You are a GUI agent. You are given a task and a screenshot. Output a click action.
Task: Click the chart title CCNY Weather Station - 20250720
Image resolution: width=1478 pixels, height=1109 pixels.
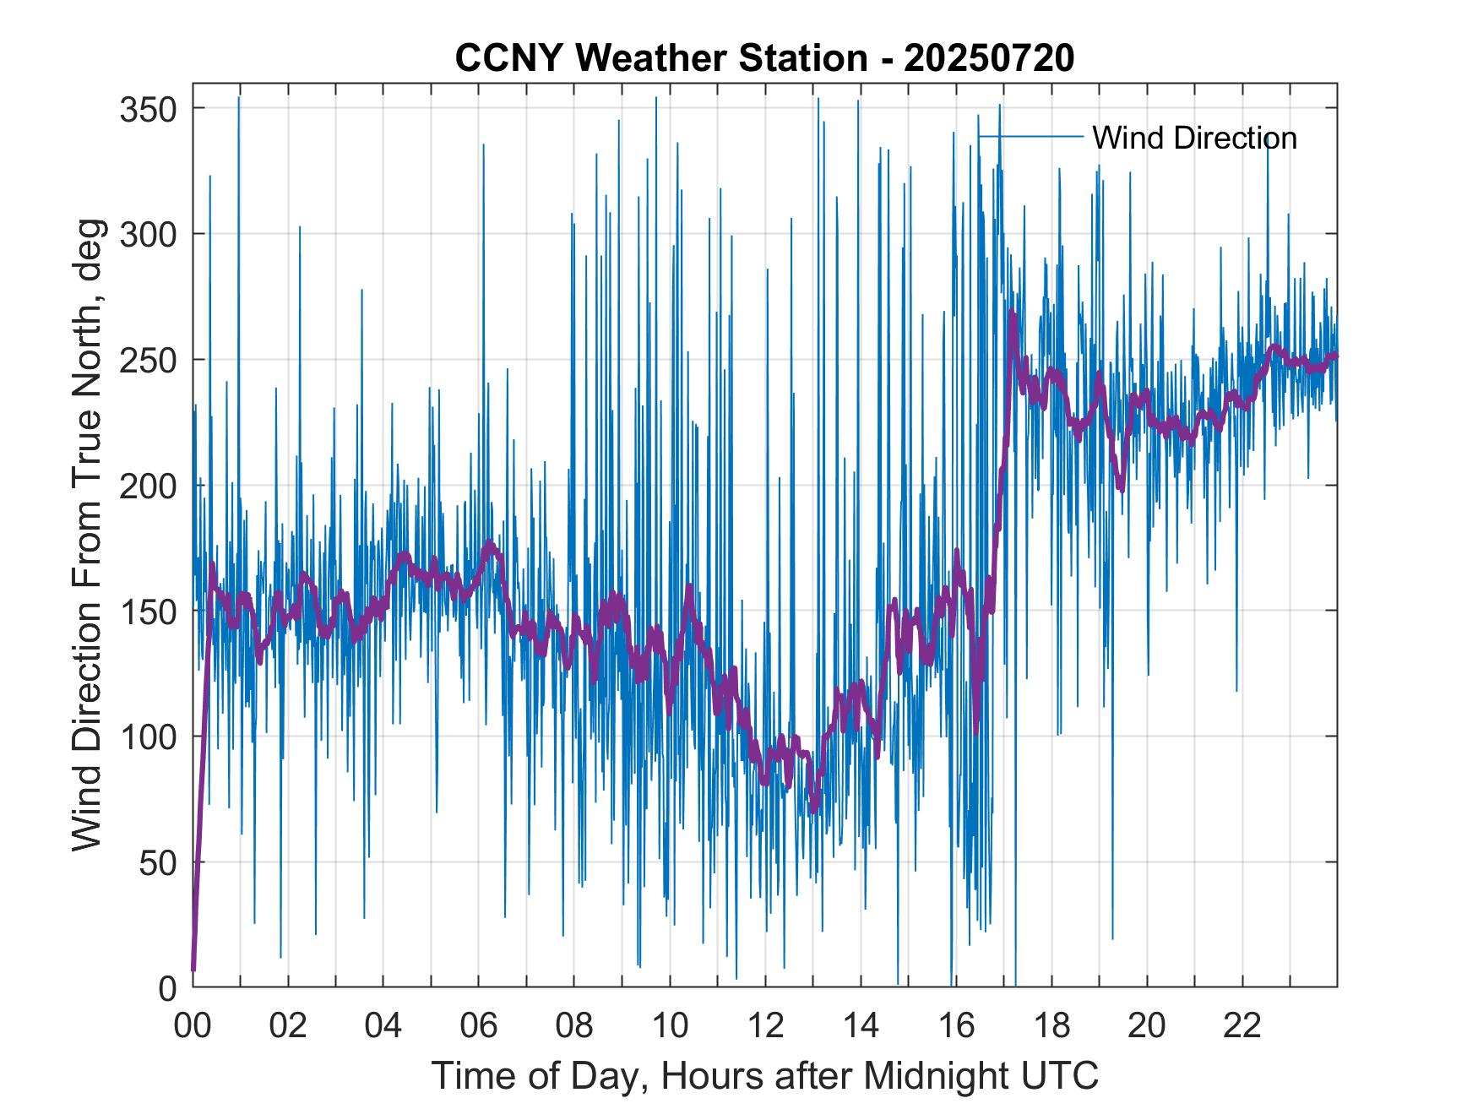pyautogui.click(x=763, y=58)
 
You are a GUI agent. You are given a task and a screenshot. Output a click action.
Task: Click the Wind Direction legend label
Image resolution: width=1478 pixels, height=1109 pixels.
pyautogui.click(x=1194, y=138)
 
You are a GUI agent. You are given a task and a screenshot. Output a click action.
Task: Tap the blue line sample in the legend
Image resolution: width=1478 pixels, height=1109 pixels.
pyautogui.click(x=1030, y=136)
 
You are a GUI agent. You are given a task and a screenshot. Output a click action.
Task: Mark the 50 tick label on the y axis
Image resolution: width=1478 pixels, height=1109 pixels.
pyautogui.click(x=155, y=862)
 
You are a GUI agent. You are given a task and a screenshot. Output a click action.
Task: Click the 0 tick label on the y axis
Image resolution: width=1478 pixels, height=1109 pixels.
pyautogui.click(x=167, y=987)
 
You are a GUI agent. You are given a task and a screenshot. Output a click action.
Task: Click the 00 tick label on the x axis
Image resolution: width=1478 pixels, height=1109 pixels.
pyautogui.click(x=193, y=1025)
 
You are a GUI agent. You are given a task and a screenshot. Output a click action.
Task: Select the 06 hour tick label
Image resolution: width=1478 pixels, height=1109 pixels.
pyautogui.click(x=479, y=1025)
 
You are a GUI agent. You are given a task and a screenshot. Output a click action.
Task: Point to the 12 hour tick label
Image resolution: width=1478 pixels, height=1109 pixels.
pyautogui.click(x=765, y=1025)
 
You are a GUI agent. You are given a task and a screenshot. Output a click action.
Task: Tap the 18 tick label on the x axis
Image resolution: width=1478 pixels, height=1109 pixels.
pyautogui.click(x=1051, y=1025)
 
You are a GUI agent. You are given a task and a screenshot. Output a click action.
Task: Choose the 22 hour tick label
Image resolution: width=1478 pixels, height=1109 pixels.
pyautogui.click(x=1242, y=1025)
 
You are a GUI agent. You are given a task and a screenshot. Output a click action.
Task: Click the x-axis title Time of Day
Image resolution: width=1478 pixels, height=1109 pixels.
pyautogui.click(x=764, y=1076)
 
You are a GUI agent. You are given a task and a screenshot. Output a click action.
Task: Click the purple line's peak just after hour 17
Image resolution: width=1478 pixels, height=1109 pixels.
pyautogui.click(x=1012, y=314)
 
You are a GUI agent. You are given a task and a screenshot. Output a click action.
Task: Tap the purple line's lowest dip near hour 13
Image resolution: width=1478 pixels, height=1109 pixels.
pyautogui.click(x=813, y=811)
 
